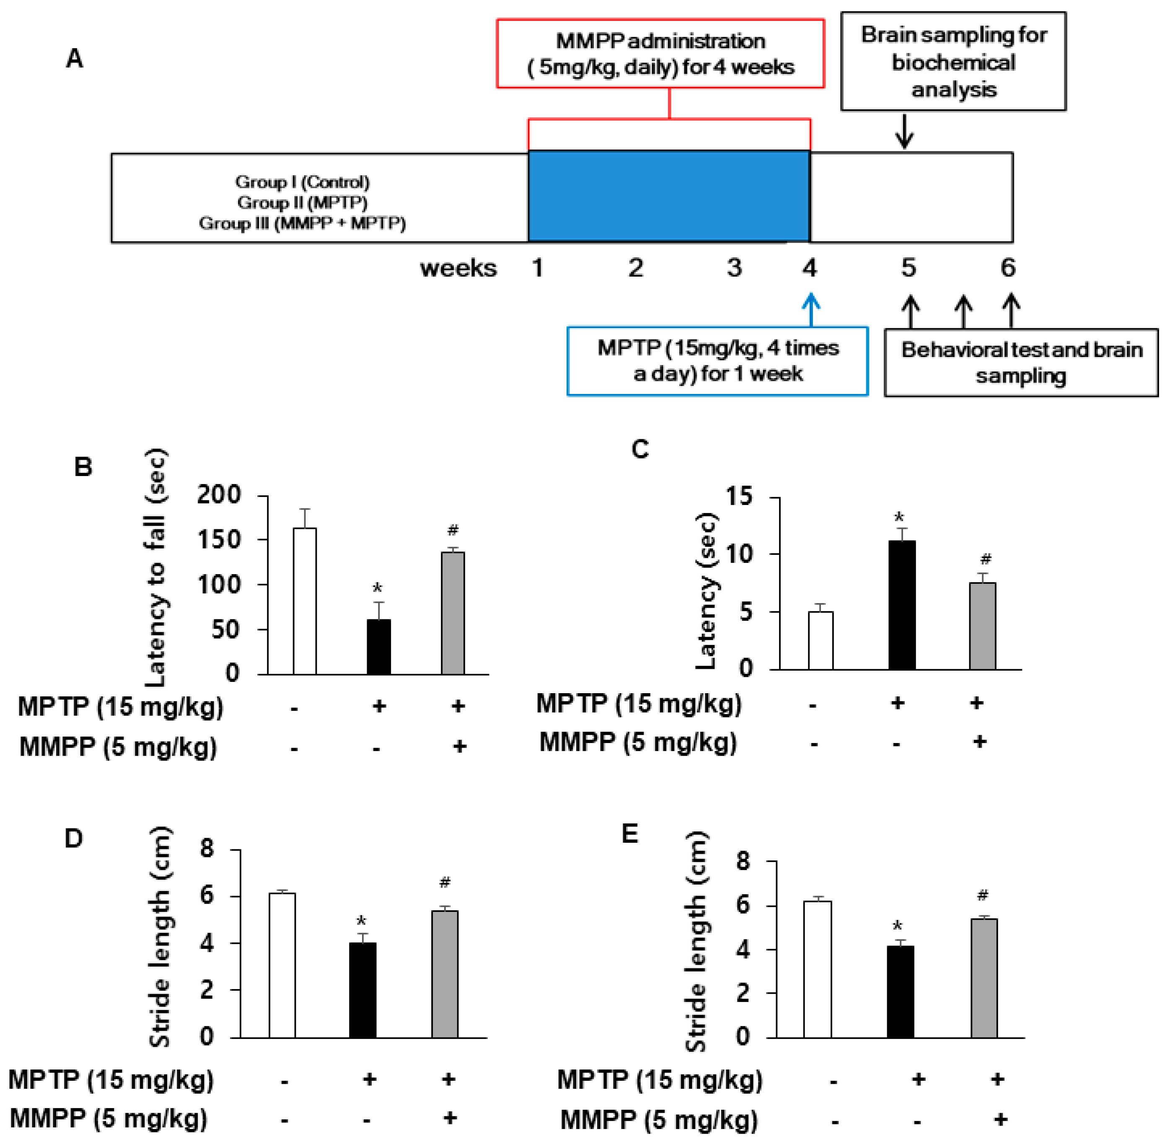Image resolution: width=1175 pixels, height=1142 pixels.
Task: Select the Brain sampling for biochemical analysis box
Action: pyautogui.click(x=952, y=62)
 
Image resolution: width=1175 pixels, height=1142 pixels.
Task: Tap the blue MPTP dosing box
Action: pyautogui.click(x=717, y=361)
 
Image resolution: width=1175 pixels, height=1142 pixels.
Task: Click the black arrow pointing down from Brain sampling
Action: pyautogui.click(x=904, y=132)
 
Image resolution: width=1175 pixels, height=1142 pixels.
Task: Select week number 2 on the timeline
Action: pyautogui.click(x=636, y=267)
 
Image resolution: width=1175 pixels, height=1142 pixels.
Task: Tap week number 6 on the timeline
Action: pyautogui.click(x=1008, y=267)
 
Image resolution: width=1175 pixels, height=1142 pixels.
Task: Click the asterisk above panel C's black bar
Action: pyautogui.click(x=898, y=518)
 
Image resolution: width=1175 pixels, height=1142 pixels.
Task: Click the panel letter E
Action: pyautogui.click(x=630, y=834)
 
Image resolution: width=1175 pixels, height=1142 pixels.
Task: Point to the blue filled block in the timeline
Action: pyautogui.click(x=669, y=197)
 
